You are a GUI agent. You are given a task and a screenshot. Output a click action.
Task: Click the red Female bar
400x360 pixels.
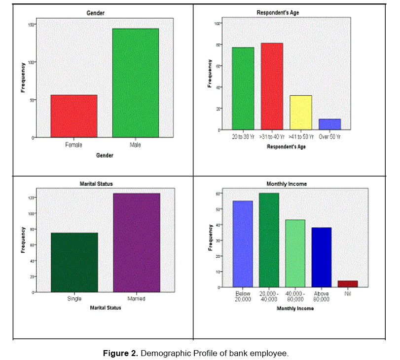[x=73, y=116]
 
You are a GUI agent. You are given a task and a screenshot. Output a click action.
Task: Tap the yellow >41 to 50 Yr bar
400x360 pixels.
[x=301, y=112]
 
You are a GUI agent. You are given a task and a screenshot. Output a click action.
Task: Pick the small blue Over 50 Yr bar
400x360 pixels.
[x=329, y=124]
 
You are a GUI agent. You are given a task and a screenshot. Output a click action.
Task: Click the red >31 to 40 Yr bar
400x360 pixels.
[x=272, y=86]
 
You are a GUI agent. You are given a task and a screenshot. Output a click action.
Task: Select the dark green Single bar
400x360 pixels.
[x=74, y=262]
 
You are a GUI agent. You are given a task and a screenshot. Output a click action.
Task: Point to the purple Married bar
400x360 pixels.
[x=137, y=242]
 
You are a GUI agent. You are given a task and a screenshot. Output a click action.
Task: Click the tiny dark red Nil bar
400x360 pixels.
[x=347, y=284]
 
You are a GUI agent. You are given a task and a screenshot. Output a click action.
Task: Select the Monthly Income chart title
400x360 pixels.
[x=286, y=184]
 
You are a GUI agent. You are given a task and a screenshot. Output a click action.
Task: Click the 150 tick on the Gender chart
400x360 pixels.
[x=31, y=25]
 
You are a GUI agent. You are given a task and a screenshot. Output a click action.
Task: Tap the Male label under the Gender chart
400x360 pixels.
[x=135, y=145]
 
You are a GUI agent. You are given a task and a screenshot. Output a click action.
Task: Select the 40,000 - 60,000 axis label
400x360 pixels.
[x=295, y=297]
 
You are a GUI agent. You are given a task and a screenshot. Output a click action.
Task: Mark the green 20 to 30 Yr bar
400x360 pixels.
[x=243, y=88]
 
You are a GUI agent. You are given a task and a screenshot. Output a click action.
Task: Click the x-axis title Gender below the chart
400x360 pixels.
[x=104, y=156]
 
